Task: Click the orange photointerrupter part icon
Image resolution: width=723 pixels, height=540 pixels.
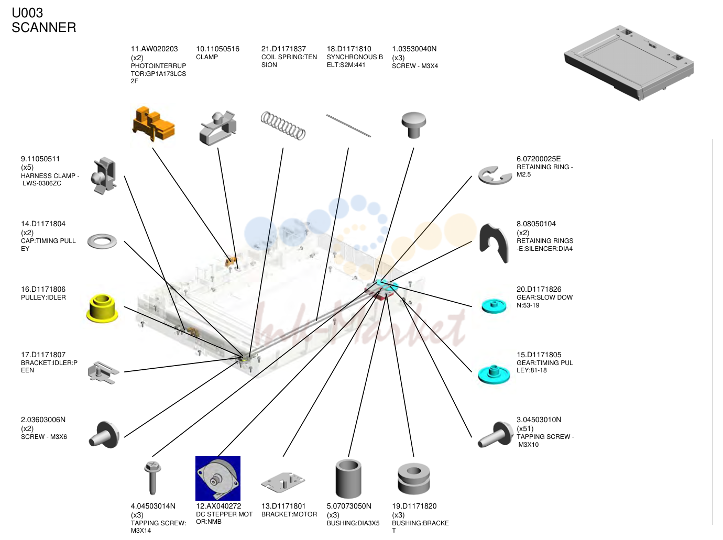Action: (x=153, y=124)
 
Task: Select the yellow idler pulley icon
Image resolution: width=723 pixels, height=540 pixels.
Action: (x=102, y=308)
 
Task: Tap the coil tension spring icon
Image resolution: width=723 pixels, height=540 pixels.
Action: (x=283, y=126)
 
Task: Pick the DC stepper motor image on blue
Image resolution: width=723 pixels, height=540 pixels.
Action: (x=218, y=478)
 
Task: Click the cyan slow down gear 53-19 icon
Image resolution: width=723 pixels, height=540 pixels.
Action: (x=494, y=306)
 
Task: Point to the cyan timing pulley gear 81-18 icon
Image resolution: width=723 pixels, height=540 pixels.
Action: (x=494, y=374)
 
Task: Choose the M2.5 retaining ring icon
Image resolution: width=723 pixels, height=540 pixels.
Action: (x=495, y=175)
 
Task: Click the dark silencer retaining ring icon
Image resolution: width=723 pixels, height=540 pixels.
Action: (x=494, y=243)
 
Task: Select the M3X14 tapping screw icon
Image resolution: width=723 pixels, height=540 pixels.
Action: (x=152, y=478)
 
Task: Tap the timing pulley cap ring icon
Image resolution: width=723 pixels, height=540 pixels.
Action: (x=102, y=241)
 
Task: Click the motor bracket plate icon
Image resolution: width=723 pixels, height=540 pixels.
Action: (x=283, y=482)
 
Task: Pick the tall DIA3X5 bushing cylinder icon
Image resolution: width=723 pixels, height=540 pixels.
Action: (x=348, y=478)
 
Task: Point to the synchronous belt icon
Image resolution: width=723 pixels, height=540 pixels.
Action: (x=348, y=126)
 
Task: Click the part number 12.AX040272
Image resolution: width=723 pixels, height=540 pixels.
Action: (x=218, y=506)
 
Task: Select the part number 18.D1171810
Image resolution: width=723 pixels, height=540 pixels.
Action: (x=349, y=49)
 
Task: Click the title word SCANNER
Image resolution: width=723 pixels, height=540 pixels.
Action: (x=44, y=27)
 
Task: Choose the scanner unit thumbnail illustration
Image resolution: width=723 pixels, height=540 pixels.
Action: (x=629, y=62)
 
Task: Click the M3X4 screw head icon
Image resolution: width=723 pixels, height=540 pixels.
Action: (x=414, y=125)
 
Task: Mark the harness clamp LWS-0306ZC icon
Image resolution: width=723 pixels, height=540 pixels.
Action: (x=104, y=175)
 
